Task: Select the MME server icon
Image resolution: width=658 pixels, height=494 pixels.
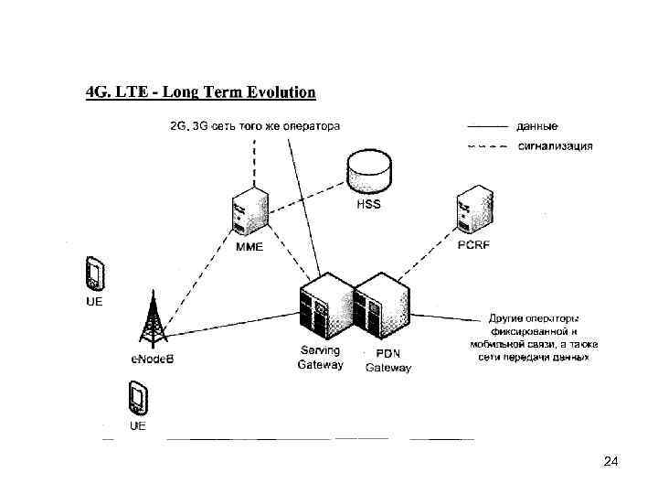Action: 249,212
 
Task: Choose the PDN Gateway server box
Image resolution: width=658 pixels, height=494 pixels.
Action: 381,307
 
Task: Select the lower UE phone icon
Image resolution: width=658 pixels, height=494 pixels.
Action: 138,399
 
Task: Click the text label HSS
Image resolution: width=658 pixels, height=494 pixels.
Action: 368,205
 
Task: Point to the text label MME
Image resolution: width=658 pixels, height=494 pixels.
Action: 249,247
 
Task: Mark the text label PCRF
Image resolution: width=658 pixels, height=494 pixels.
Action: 473,245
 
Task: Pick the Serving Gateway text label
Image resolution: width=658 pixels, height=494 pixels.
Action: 320,358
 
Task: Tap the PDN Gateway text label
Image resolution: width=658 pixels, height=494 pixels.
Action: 388,360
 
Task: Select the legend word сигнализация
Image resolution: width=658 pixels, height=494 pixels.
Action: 555,145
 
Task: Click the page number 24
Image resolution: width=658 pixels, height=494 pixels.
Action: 611,463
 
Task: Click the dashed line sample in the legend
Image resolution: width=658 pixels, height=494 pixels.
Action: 486,145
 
